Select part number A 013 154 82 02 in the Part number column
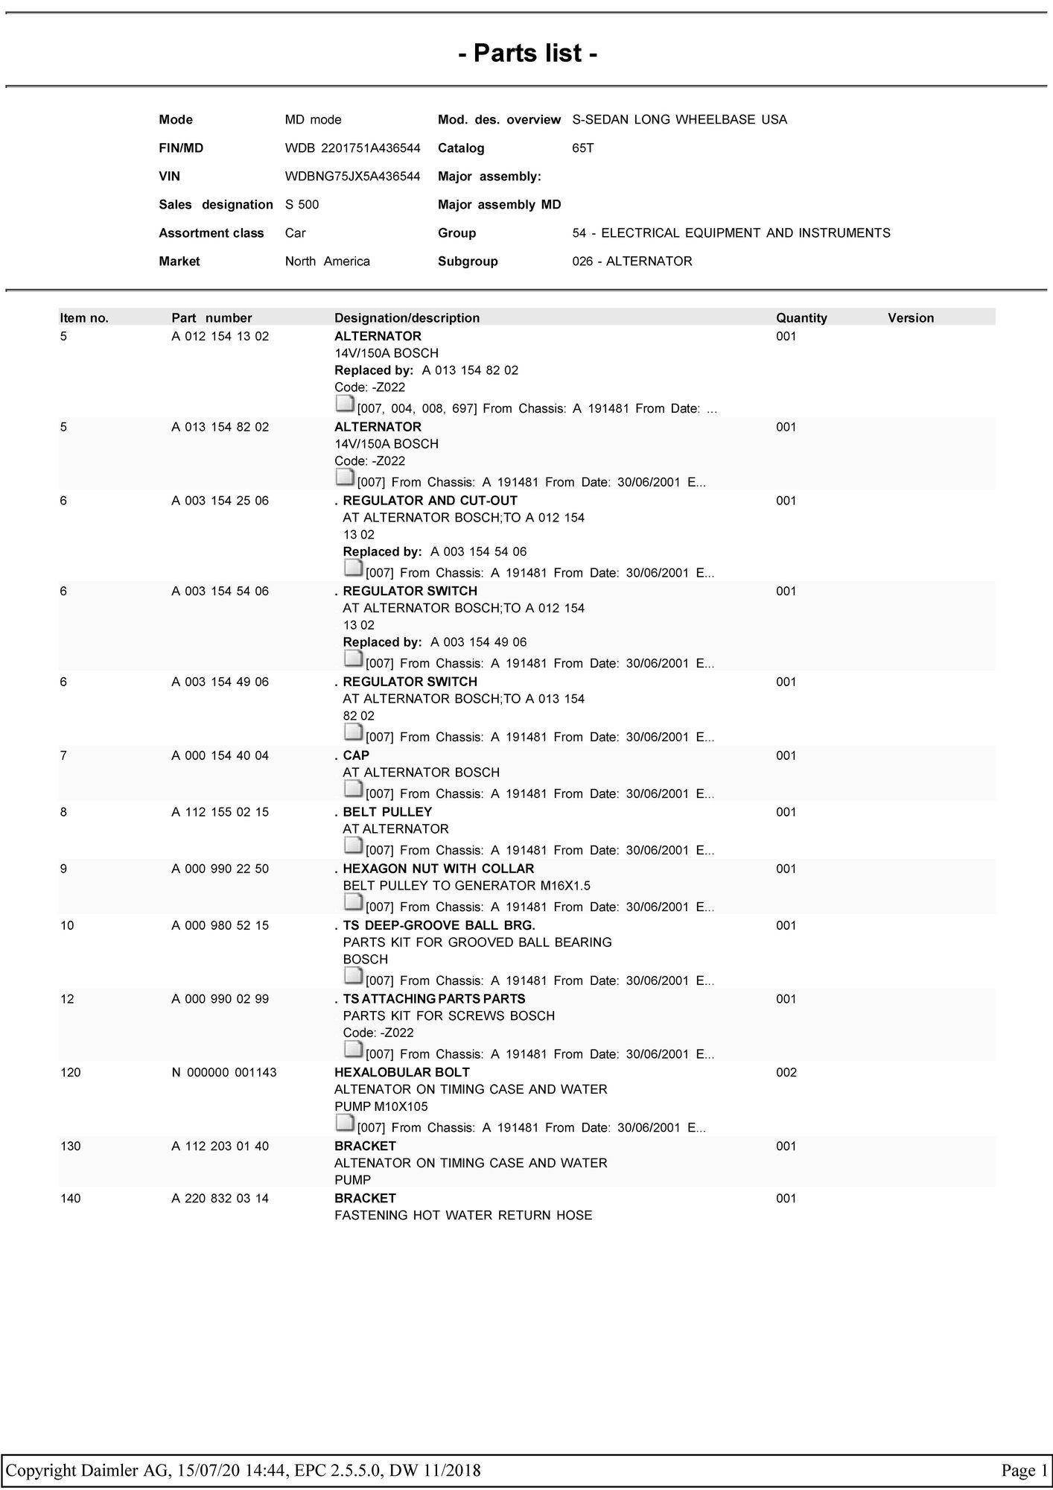220,427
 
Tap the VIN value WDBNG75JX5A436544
352,177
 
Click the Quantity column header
801,318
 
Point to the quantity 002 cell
786,1072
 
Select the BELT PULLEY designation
387,812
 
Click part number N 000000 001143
224,1072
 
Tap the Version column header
910,318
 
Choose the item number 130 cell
70,1146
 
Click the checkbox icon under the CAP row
353,789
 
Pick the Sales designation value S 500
302,205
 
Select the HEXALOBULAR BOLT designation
402,1072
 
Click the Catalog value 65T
582,148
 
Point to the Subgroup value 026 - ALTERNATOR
632,261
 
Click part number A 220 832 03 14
220,1198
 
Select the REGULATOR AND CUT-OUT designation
430,501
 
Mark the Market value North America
327,261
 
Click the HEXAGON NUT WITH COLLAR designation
438,869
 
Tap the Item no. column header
84,318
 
